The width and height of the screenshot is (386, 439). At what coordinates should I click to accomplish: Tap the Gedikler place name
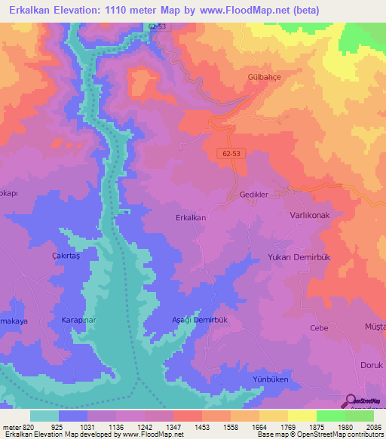click(x=249, y=194)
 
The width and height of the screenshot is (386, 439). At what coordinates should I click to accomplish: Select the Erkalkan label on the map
click(x=190, y=217)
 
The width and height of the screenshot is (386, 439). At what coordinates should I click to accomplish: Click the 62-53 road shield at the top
click(x=156, y=25)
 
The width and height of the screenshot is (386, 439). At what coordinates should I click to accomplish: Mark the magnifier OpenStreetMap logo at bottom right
click(x=353, y=403)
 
